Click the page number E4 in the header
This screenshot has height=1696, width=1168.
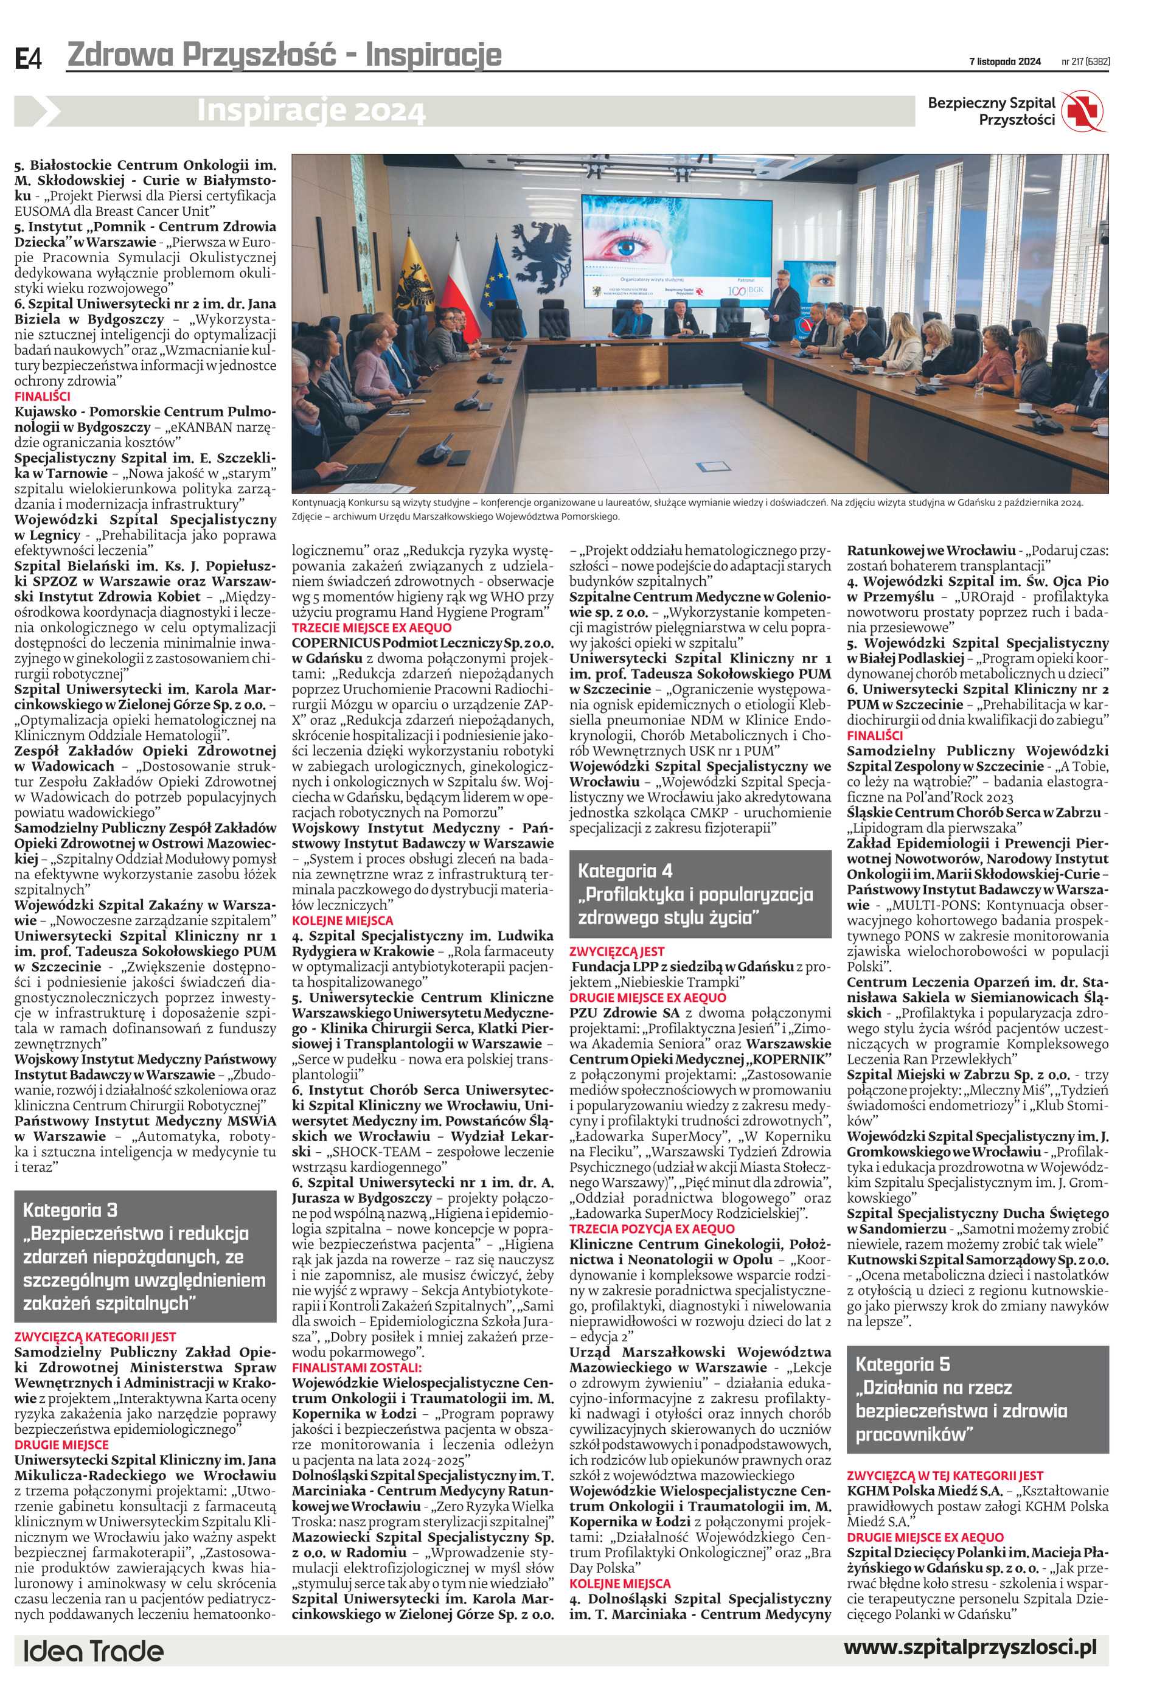pyautogui.click(x=29, y=58)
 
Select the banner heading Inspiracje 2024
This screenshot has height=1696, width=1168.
pyautogui.click(x=310, y=111)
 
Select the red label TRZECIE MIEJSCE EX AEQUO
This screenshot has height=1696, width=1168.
pyautogui.click(x=372, y=627)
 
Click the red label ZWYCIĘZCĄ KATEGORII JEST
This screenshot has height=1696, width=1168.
pyautogui.click(x=95, y=1336)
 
